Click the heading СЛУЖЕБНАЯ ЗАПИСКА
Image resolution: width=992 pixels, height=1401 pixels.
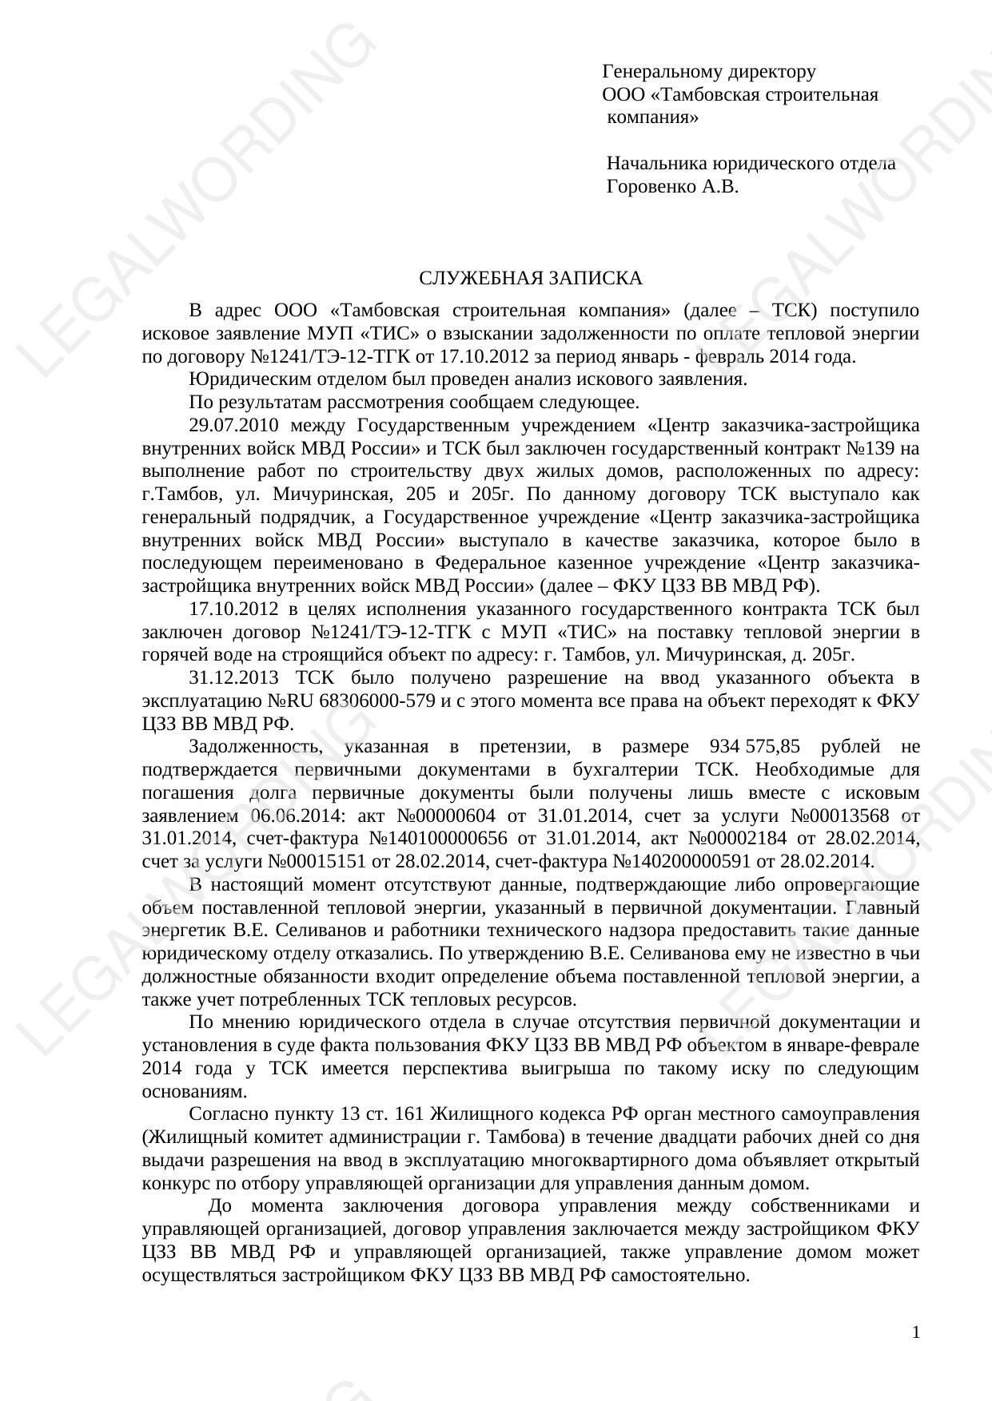(530, 278)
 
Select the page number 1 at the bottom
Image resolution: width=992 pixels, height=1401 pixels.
(916, 1332)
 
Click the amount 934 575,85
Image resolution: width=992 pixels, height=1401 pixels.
(755, 747)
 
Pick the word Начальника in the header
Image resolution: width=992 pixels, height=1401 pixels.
(656, 164)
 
